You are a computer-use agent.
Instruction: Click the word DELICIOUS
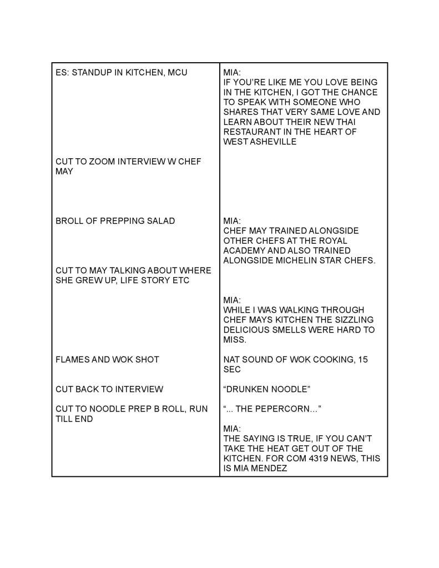(248, 330)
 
